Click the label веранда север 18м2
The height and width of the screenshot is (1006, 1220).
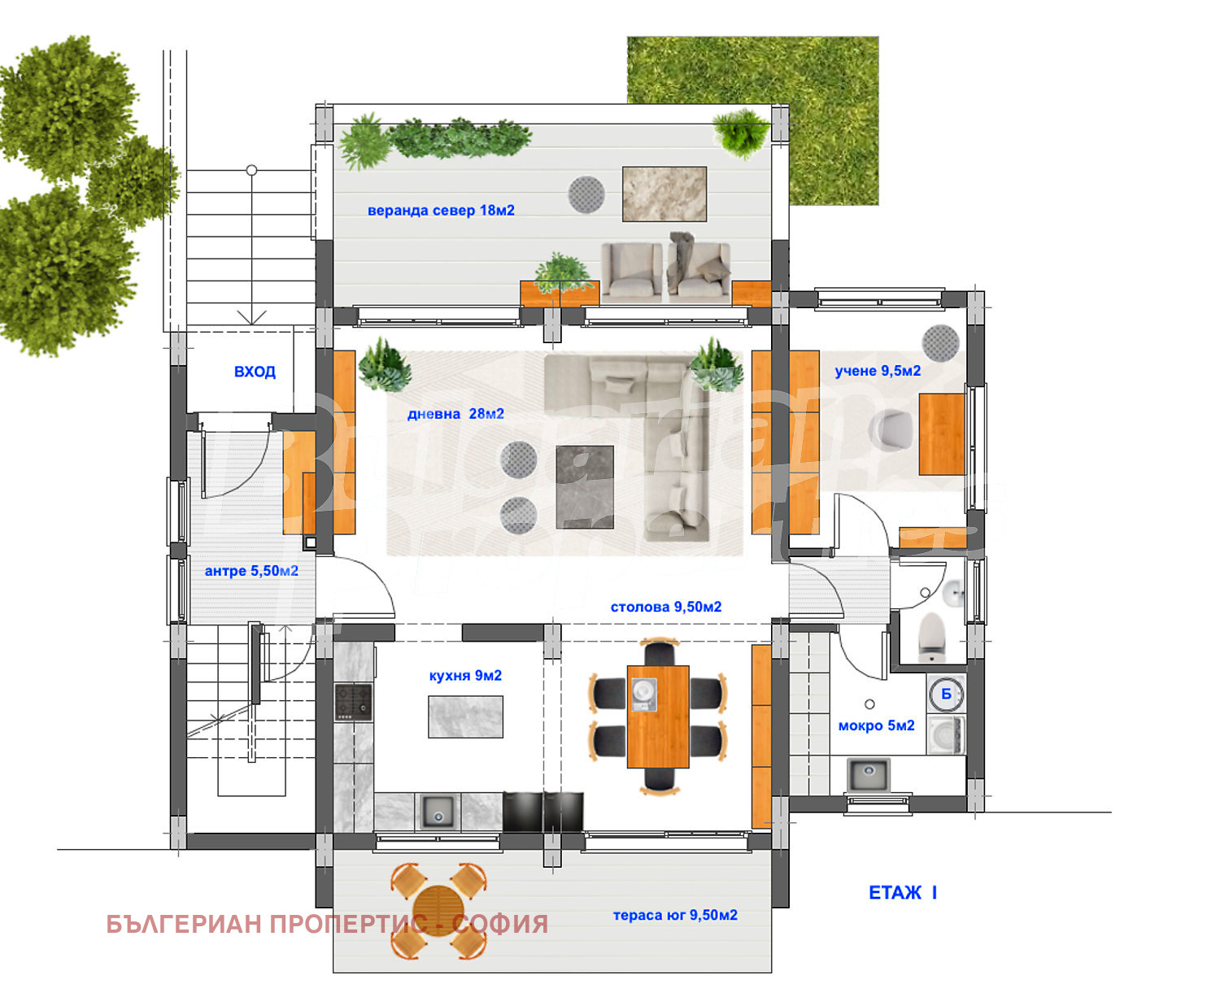441,211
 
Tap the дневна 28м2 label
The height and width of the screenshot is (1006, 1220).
455,414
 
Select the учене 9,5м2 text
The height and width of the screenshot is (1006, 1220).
878,371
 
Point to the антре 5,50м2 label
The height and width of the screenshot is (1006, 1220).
251,571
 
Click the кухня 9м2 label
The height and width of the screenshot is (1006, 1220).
465,676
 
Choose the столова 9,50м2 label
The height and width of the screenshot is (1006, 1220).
666,607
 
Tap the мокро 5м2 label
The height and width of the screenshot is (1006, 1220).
876,725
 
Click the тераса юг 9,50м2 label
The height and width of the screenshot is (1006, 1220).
675,915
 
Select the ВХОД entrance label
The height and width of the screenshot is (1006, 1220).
255,372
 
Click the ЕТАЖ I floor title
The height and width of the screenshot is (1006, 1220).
903,892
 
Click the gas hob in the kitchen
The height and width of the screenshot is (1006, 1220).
353,702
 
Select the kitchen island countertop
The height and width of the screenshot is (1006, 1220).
465,716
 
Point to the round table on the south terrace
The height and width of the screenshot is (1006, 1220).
438,911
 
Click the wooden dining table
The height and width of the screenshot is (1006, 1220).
658,716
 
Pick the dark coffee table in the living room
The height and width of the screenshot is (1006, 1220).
585,486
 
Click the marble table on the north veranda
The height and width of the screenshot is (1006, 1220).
664,194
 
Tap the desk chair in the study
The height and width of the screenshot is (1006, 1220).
891,429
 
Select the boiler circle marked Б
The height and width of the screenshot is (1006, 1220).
946,695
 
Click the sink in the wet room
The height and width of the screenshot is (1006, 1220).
869,775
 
